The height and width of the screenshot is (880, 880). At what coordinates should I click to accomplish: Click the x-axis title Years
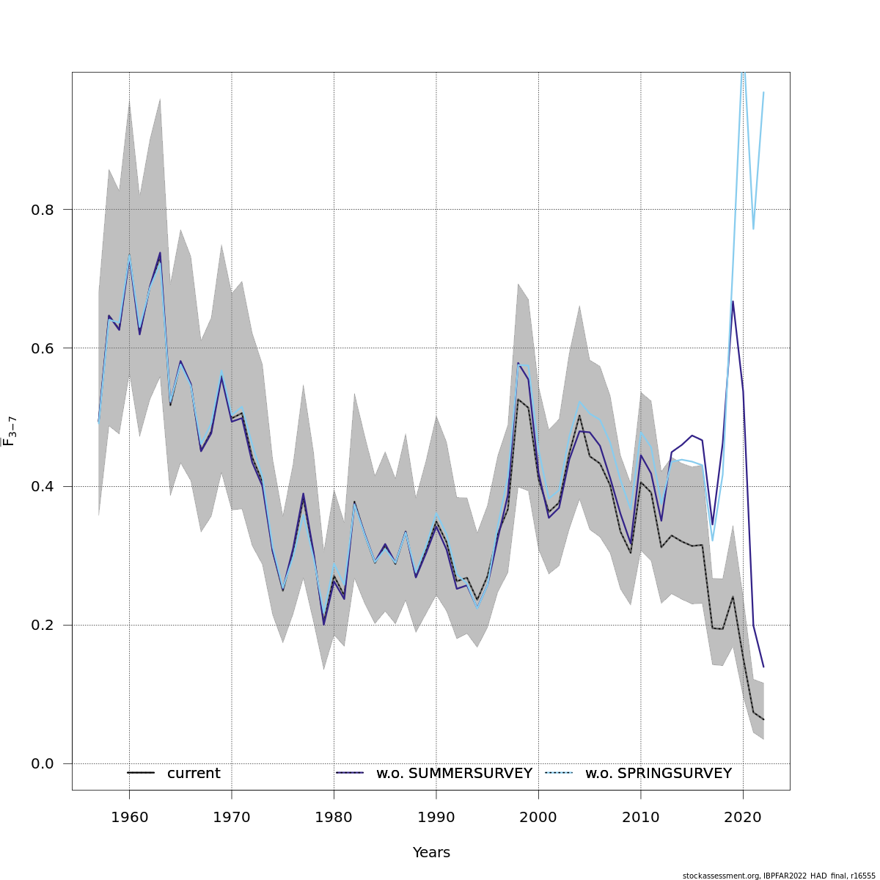(x=431, y=853)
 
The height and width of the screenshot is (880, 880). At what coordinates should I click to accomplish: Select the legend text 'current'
(x=194, y=774)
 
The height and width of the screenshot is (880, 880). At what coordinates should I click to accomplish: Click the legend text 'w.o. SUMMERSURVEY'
(x=454, y=774)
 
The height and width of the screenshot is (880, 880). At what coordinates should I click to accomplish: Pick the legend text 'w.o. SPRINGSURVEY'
(x=658, y=774)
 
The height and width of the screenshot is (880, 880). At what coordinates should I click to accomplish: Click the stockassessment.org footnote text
(x=779, y=876)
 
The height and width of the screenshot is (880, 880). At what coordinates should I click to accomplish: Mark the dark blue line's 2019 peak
(x=733, y=301)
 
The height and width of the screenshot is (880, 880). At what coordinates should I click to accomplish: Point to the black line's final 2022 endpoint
(x=763, y=719)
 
